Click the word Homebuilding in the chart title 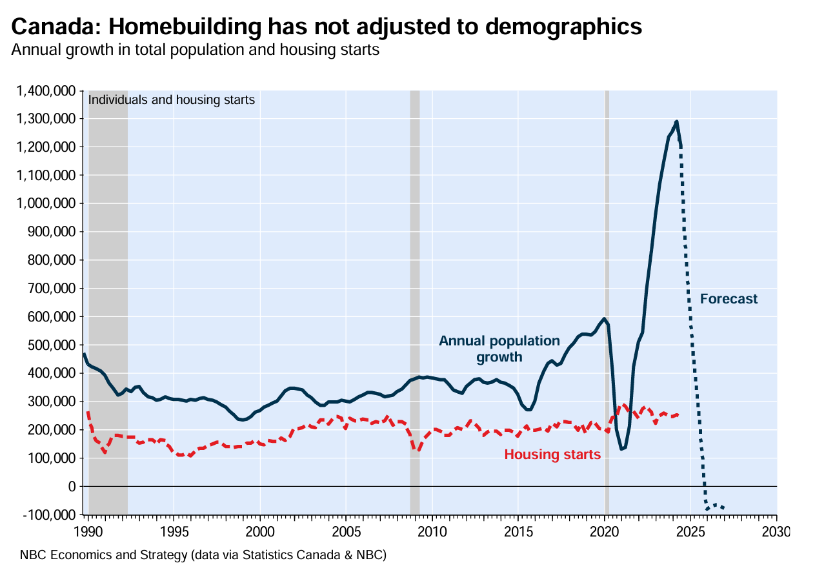click(167, 27)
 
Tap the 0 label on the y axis click(72, 486)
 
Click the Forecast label click(729, 300)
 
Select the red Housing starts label click(552, 455)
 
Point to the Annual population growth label click(499, 349)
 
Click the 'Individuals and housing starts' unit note click(171, 100)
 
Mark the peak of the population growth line click(676, 121)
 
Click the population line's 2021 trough click(621, 449)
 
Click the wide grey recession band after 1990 click(108, 291)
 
